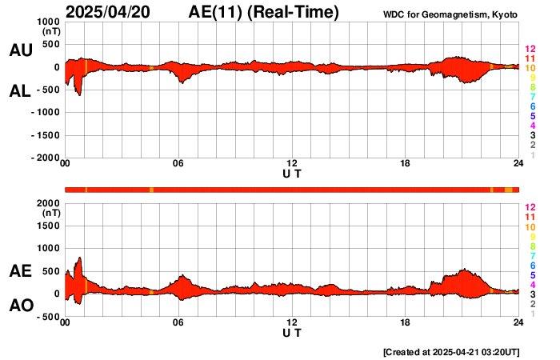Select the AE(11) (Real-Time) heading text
point(264,12)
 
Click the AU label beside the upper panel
point(20,50)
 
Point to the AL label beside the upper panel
point(20,91)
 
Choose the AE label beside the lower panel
point(20,272)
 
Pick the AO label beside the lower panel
point(20,305)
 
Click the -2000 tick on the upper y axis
point(45,158)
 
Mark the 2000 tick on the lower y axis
point(48,203)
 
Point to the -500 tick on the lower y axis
point(48,317)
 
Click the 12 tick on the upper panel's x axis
point(292,164)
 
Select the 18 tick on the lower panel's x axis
point(406,322)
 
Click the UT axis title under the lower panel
point(292,333)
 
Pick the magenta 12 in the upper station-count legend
point(529,50)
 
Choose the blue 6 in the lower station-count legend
point(532,265)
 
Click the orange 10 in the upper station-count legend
point(529,69)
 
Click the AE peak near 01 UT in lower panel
point(79,258)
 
